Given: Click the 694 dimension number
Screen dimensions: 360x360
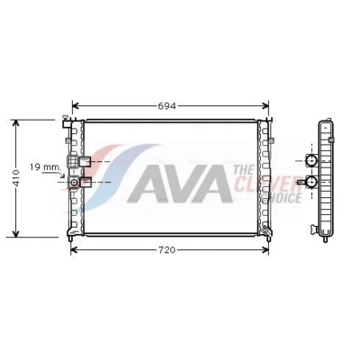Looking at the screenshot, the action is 166,106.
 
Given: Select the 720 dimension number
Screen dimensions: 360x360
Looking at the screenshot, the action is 166,250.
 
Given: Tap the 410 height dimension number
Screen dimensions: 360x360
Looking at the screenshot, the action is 16,178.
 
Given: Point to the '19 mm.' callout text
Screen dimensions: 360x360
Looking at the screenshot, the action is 46,167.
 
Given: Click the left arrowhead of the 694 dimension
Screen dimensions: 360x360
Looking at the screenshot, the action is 76,106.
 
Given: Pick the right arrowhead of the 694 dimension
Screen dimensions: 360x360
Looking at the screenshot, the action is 265,106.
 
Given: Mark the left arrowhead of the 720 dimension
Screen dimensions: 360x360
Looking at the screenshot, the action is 74,250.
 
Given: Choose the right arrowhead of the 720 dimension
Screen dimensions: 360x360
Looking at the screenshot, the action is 265,250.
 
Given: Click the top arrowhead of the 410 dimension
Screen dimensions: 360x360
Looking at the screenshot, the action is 16,123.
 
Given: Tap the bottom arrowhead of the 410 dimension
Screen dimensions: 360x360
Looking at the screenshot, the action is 16,234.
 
